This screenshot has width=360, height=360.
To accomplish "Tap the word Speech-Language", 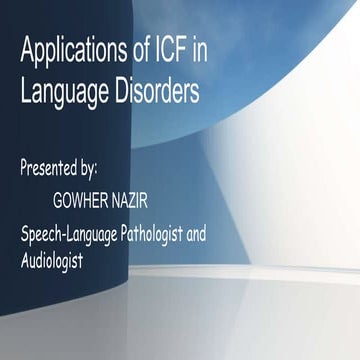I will [83, 236].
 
